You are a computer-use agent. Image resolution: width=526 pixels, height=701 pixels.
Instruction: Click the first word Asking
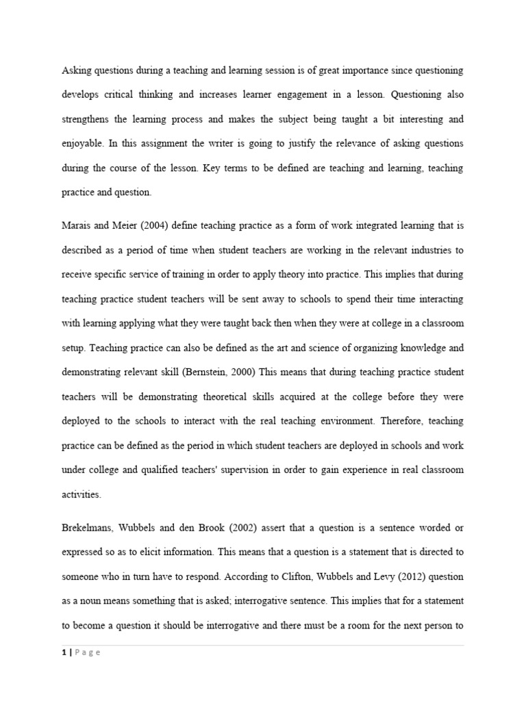[75, 70]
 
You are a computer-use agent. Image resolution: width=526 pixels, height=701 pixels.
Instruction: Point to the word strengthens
[86, 119]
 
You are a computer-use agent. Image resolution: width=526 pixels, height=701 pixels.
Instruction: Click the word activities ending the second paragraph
[81, 494]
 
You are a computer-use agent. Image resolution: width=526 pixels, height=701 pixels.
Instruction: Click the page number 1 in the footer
[64, 652]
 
